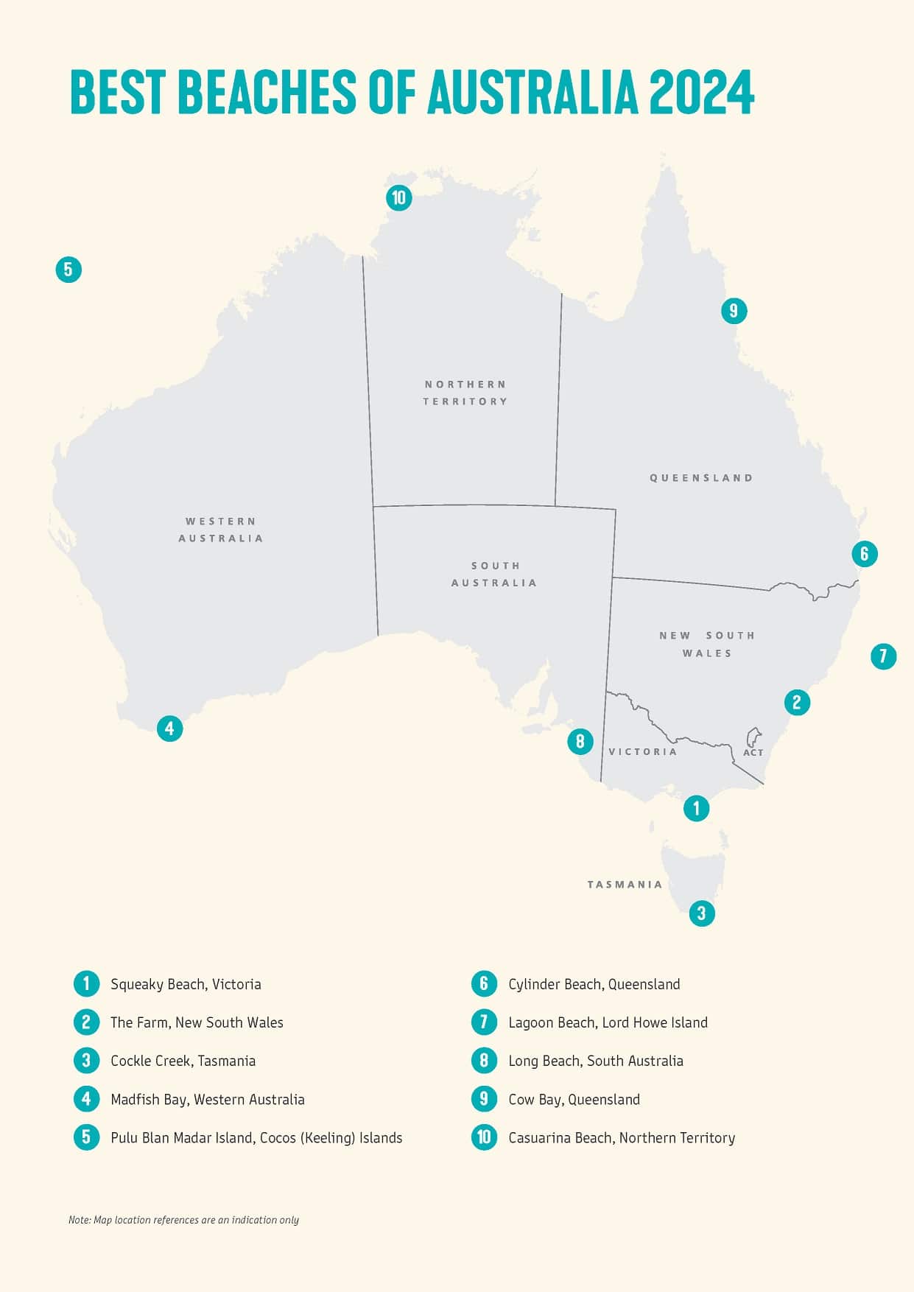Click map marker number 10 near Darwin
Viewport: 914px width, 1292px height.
[398, 197]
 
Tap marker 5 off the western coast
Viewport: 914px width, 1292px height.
[68, 270]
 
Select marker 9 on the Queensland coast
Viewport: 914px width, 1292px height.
[734, 311]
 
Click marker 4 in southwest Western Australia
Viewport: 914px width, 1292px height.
[169, 728]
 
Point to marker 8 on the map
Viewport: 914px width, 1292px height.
[580, 741]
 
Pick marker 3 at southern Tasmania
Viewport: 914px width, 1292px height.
[701, 913]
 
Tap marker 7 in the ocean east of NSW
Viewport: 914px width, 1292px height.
[883, 656]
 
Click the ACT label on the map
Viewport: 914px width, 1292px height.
[753, 752]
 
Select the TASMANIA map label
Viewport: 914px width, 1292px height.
[625, 884]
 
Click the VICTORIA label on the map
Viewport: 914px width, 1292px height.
[642, 751]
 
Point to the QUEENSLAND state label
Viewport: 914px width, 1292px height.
[701, 478]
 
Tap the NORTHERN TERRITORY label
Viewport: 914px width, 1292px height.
[465, 393]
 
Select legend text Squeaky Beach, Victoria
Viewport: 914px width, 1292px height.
[186, 984]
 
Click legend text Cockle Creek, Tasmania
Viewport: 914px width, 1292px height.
[183, 1061]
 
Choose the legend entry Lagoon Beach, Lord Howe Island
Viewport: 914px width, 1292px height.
[608, 1022]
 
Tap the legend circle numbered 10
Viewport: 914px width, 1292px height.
[484, 1137]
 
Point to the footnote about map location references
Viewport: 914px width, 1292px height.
[183, 1220]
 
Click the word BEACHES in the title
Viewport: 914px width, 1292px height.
[267, 93]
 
